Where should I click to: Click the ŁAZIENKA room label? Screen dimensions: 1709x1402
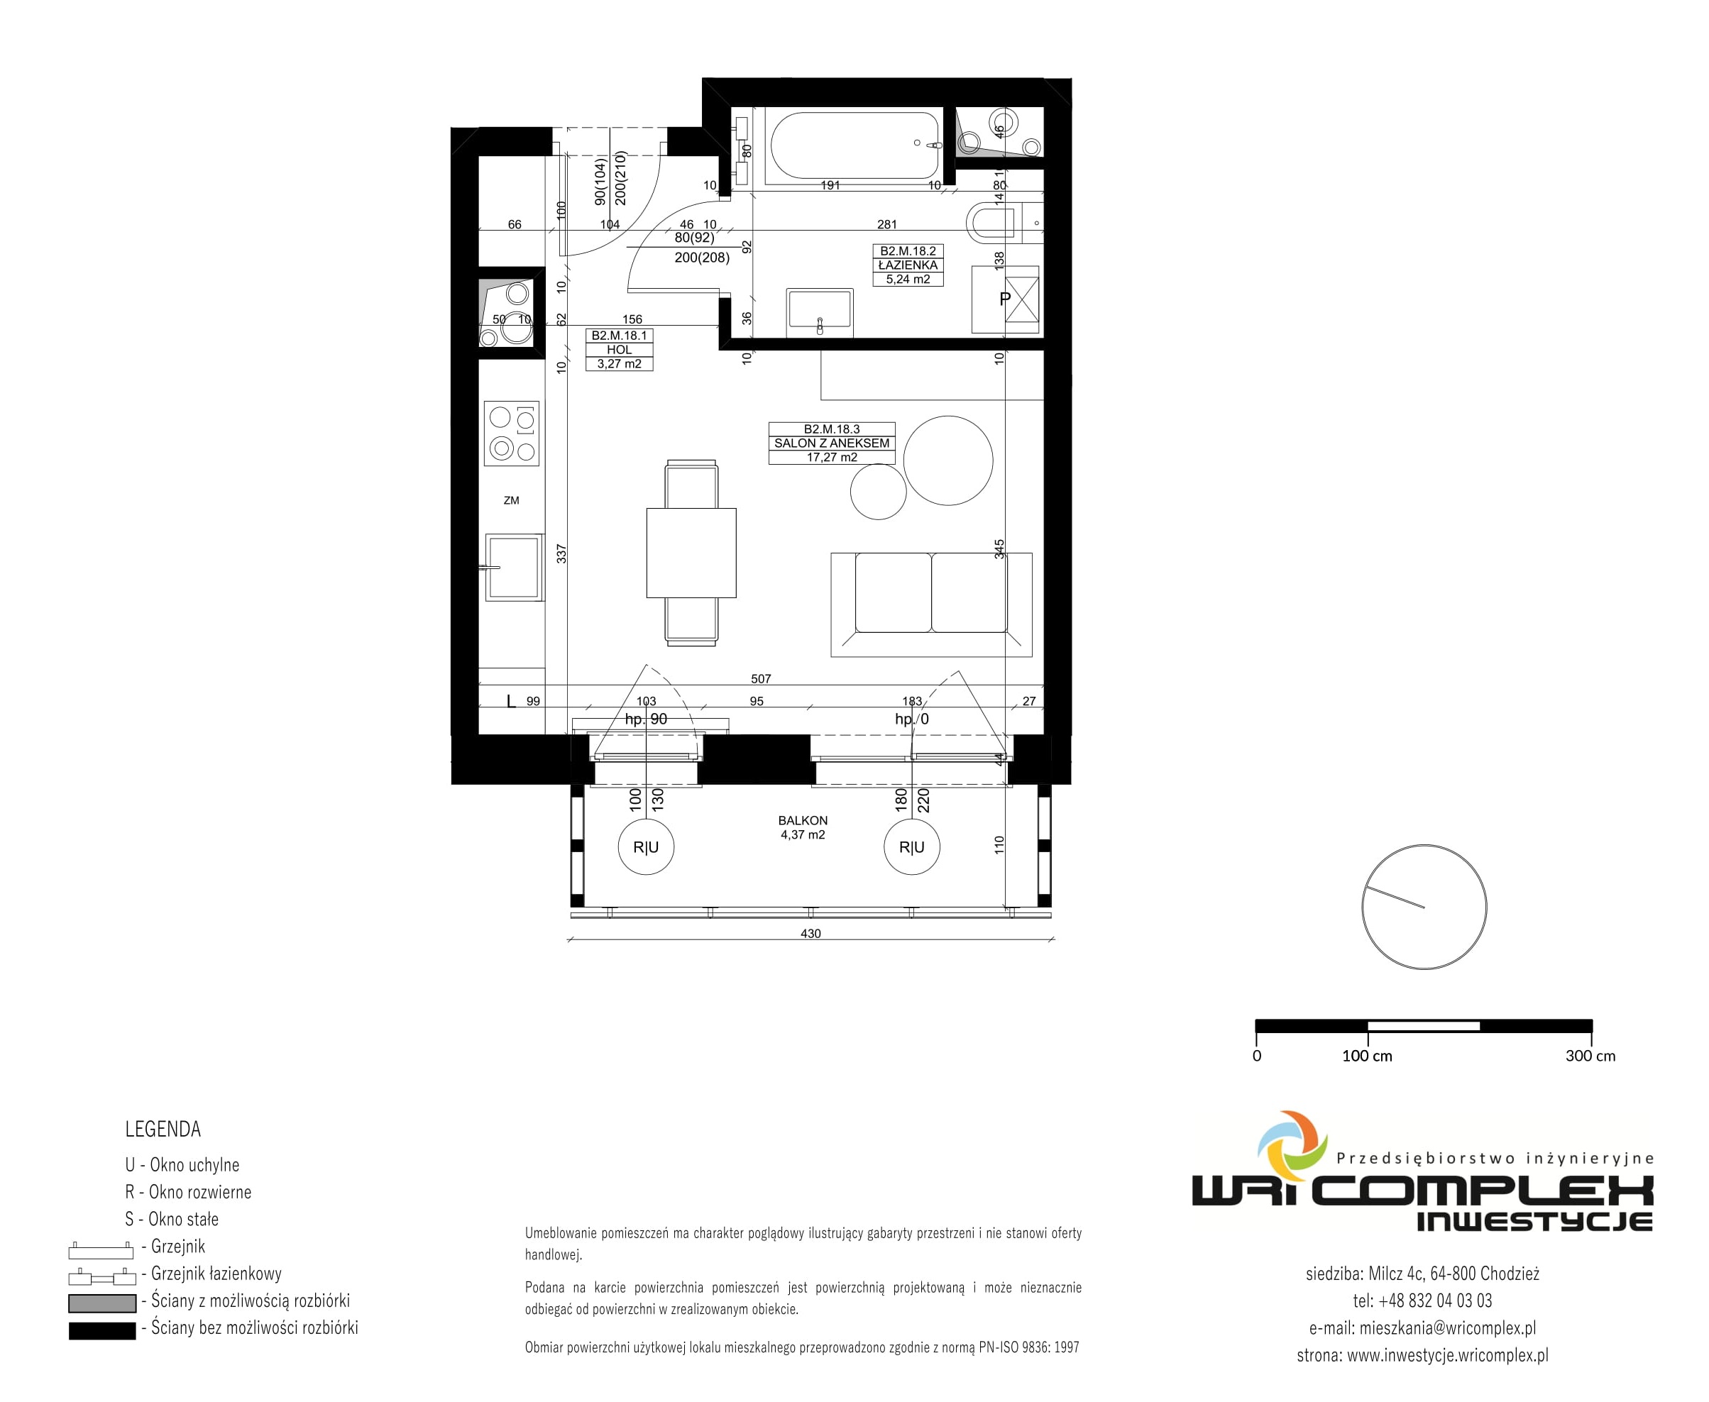point(908,265)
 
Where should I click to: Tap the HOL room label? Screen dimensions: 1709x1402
point(620,350)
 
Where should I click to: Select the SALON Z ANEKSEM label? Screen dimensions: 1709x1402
point(832,443)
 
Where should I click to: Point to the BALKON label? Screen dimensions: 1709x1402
point(803,820)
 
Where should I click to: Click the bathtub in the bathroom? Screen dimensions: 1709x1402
point(855,145)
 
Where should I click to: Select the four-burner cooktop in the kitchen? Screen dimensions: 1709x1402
point(511,434)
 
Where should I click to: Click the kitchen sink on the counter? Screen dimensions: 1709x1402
point(514,567)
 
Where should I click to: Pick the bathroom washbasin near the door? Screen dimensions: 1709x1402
point(820,311)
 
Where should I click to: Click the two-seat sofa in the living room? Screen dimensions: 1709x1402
point(931,604)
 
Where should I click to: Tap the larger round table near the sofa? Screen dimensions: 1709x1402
point(948,460)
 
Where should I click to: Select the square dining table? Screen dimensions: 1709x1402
point(691,553)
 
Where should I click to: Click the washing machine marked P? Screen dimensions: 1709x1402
point(1005,299)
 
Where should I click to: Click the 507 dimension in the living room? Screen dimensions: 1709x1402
point(761,679)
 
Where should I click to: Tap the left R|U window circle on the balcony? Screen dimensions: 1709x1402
point(646,847)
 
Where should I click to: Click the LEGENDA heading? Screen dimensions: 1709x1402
point(163,1129)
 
